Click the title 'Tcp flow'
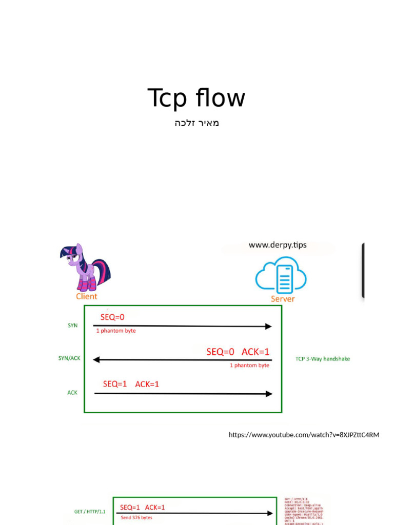(x=196, y=98)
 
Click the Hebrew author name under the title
(x=196, y=123)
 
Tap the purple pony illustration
(x=84, y=267)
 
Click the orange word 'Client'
(x=87, y=296)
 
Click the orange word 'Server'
(x=283, y=299)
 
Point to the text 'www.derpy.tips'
(x=278, y=245)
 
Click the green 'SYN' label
(x=72, y=326)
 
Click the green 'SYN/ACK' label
(x=69, y=358)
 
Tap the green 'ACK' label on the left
(x=72, y=392)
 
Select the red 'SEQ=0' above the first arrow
(x=112, y=317)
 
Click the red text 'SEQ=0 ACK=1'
(x=238, y=352)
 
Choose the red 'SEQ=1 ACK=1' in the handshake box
(x=131, y=384)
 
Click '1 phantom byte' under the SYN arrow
(x=116, y=331)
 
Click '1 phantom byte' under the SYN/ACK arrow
(x=249, y=366)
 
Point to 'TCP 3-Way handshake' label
(x=323, y=359)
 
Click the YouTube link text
(x=304, y=435)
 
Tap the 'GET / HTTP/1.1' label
(x=91, y=511)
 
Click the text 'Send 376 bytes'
(x=136, y=518)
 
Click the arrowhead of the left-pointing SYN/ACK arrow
(x=96, y=360)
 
